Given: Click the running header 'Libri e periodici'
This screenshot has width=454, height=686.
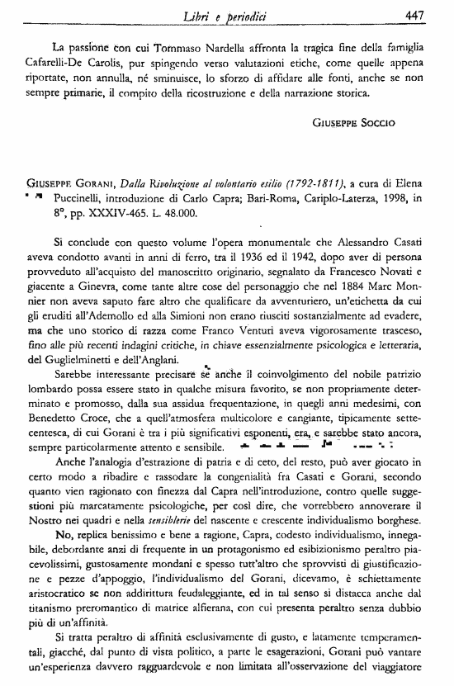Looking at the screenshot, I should [x=233, y=15].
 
